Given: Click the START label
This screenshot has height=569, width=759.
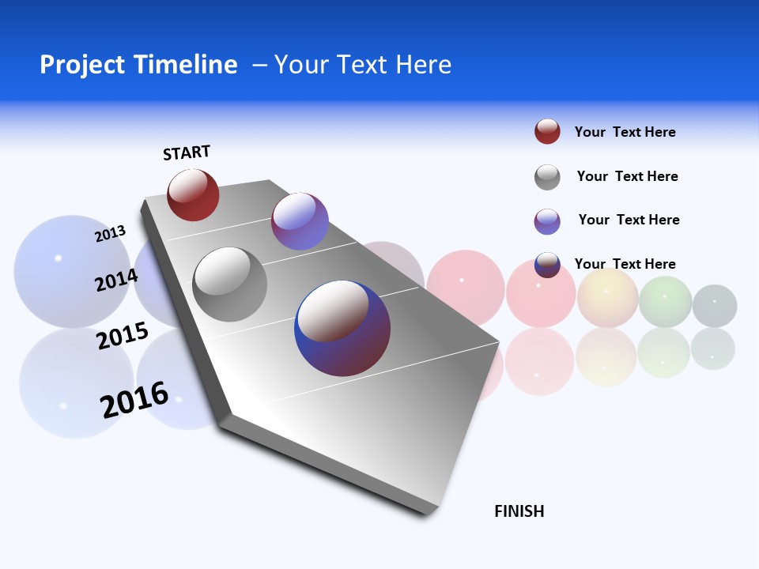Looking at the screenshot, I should [x=187, y=153].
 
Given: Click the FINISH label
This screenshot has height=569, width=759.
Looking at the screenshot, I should [x=519, y=511].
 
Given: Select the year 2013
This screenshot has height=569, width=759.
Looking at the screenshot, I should [x=110, y=234].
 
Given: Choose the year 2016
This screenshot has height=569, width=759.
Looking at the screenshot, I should [x=134, y=400].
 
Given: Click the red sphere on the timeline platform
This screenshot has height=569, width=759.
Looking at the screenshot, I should [x=193, y=195].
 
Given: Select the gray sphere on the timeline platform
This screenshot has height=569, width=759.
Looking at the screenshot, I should [x=229, y=284].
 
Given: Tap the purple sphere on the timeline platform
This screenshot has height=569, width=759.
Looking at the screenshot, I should [x=300, y=221].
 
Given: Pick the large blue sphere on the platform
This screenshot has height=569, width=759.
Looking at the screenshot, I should [x=342, y=328].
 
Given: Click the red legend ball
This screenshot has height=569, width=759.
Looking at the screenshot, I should [x=547, y=132].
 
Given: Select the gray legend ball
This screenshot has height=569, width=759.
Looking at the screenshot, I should [x=547, y=177].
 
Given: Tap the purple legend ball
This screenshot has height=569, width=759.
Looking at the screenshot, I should [x=547, y=221].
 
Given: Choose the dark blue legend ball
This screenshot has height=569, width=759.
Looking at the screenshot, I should [x=547, y=265].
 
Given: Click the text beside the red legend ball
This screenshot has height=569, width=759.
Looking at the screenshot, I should [x=625, y=132].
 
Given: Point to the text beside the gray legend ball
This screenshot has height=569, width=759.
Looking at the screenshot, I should [x=627, y=176].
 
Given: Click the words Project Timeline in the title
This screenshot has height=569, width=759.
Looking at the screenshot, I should [x=138, y=65].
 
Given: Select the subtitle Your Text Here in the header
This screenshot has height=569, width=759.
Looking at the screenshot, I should [x=363, y=65].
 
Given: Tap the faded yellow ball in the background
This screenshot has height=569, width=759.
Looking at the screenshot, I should [x=607, y=297].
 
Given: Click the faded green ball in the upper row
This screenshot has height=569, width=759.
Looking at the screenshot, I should [x=665, y=301].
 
